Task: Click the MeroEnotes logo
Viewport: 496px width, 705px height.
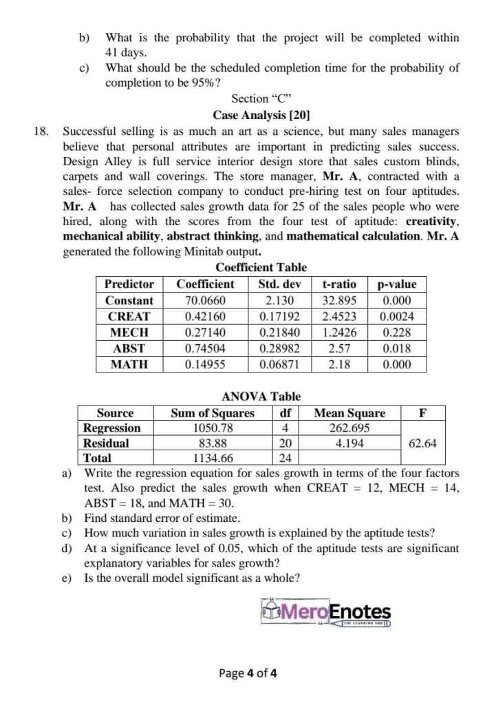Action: click(326, 612)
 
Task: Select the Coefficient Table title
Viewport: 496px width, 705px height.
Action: click(261, 267)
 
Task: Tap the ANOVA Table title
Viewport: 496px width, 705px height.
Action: click(261, 397)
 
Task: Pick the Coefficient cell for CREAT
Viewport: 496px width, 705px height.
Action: click(205, 317)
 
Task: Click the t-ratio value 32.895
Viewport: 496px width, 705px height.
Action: click(339, 300)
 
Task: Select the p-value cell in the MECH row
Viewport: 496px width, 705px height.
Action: click(397, 333)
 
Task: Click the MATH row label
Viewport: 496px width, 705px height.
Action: click(129, 365)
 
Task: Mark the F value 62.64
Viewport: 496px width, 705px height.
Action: click(422, 443)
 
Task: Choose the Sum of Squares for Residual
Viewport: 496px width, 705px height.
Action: click(213, 443)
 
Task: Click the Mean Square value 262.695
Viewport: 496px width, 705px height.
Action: click(349, 428)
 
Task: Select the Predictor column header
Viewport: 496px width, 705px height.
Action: click(129, 284)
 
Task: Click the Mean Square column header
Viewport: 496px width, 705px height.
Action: click(349, 413)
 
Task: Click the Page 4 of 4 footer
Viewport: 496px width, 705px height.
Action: click(248, 673)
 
